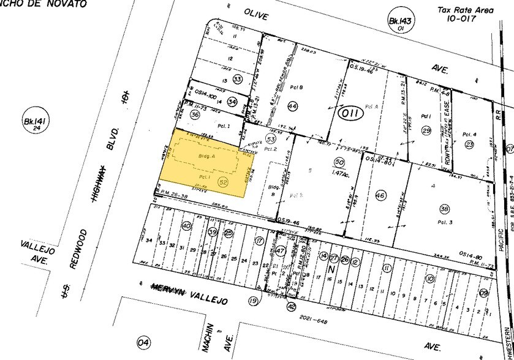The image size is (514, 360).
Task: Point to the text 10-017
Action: coord(470,19)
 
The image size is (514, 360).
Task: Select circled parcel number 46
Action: coord(380,195)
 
